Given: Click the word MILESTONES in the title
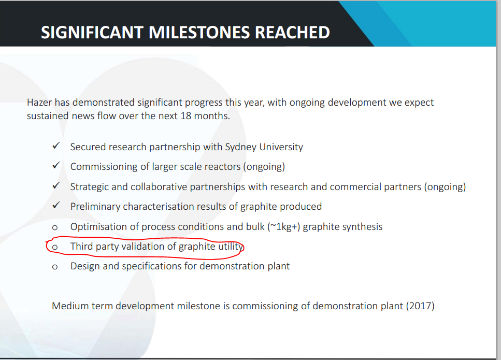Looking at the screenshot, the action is [x=199, y=32].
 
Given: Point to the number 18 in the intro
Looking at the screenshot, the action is [x=185, y=116].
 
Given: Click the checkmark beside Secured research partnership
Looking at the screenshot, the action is [x=56, y=146].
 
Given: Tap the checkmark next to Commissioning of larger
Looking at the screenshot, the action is [x=56, y=165].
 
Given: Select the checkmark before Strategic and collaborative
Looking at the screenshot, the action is [x=56, y=185].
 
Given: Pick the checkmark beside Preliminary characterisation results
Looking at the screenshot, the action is [x=56, y=206].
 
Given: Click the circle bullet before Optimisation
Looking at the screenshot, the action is [x=54, y=227].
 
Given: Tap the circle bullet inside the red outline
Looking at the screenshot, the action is [x=54, y=247].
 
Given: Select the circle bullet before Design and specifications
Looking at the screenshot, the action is [x=54, y=267].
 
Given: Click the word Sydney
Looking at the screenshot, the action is [x=241, y=147].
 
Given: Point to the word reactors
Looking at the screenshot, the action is [x=222, y=167].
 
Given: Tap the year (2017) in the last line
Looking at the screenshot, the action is [x=420, y=306].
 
